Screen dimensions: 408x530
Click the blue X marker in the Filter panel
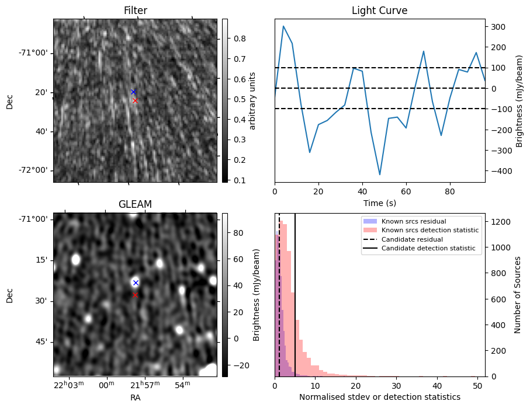pyautogui.click(x=133, y=92)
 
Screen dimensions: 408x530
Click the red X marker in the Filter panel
pyautogui.click(x=135, y=100)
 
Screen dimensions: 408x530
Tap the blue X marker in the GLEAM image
pyautogui.click(x=136, y=283)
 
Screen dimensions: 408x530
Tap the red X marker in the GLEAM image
pyautogui.click(x=135, y=295)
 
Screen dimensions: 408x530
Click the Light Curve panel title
pyautogui.click(x=379, y=11)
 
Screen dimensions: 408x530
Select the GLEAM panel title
pyautogui.click(x=135, y=204)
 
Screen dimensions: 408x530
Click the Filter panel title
pyautogui.click(x=135, y=11)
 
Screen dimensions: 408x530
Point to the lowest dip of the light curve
pyautogui.click(x=380, y=175)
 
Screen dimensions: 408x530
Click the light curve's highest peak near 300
pyautogui.click(x=283, y=26)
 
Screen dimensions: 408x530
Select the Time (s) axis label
pyautogui.click(x=379, y=202)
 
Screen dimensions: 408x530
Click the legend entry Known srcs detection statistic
pyautogui.click(x=429, y=231)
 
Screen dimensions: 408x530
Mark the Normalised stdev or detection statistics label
pyautogui.click(x=379, y=397)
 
